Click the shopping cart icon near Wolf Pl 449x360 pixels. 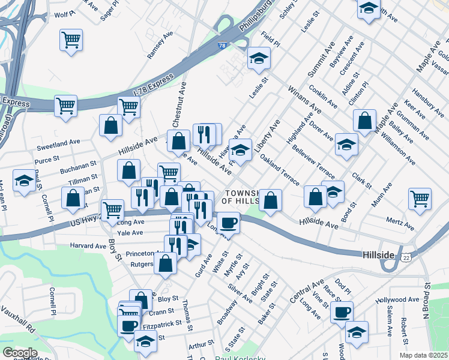pyautogui.click(x=71, y=40)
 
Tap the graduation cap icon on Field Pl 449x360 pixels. pyautogui.click(x=259, y=58)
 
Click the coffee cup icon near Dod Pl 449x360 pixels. pyautogui.click(x=342, y=312)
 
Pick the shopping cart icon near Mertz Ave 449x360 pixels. pyautogui.click(x=420, y=199)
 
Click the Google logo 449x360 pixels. pyautogui.click(x=20, y=353)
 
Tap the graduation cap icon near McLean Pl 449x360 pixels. pyautogui.click(x=24, y=181)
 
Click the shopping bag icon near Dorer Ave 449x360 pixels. pyautogui.click(x=364, y=121)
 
